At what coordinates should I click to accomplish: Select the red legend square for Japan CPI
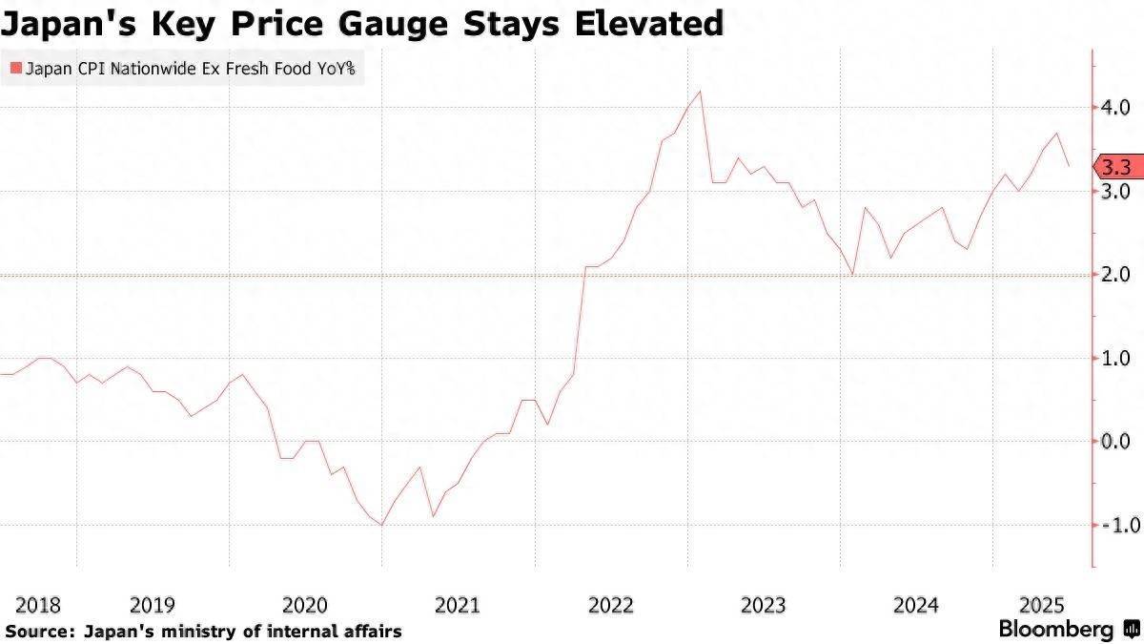(13, 69)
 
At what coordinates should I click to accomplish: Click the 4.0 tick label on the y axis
(1116, 107)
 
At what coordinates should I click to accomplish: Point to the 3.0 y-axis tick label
(1116, 191)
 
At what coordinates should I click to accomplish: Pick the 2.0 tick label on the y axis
(1116, 275)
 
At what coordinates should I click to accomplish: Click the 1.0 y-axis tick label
(1116, 358)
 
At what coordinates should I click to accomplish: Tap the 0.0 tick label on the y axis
(1116, 442)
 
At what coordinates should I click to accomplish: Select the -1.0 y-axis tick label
(1113, 526)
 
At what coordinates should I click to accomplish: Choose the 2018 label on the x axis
(38, 605)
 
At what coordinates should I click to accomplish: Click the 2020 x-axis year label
(305, 605)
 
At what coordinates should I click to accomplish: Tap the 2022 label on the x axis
(611, 605)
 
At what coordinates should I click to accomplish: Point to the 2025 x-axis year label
(1042, 605)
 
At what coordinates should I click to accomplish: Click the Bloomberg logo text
(1056, 630)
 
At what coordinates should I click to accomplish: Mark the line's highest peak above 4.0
(701, 92)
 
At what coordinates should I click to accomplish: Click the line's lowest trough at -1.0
(382, 525)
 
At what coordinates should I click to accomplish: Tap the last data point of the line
(1069, 166)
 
